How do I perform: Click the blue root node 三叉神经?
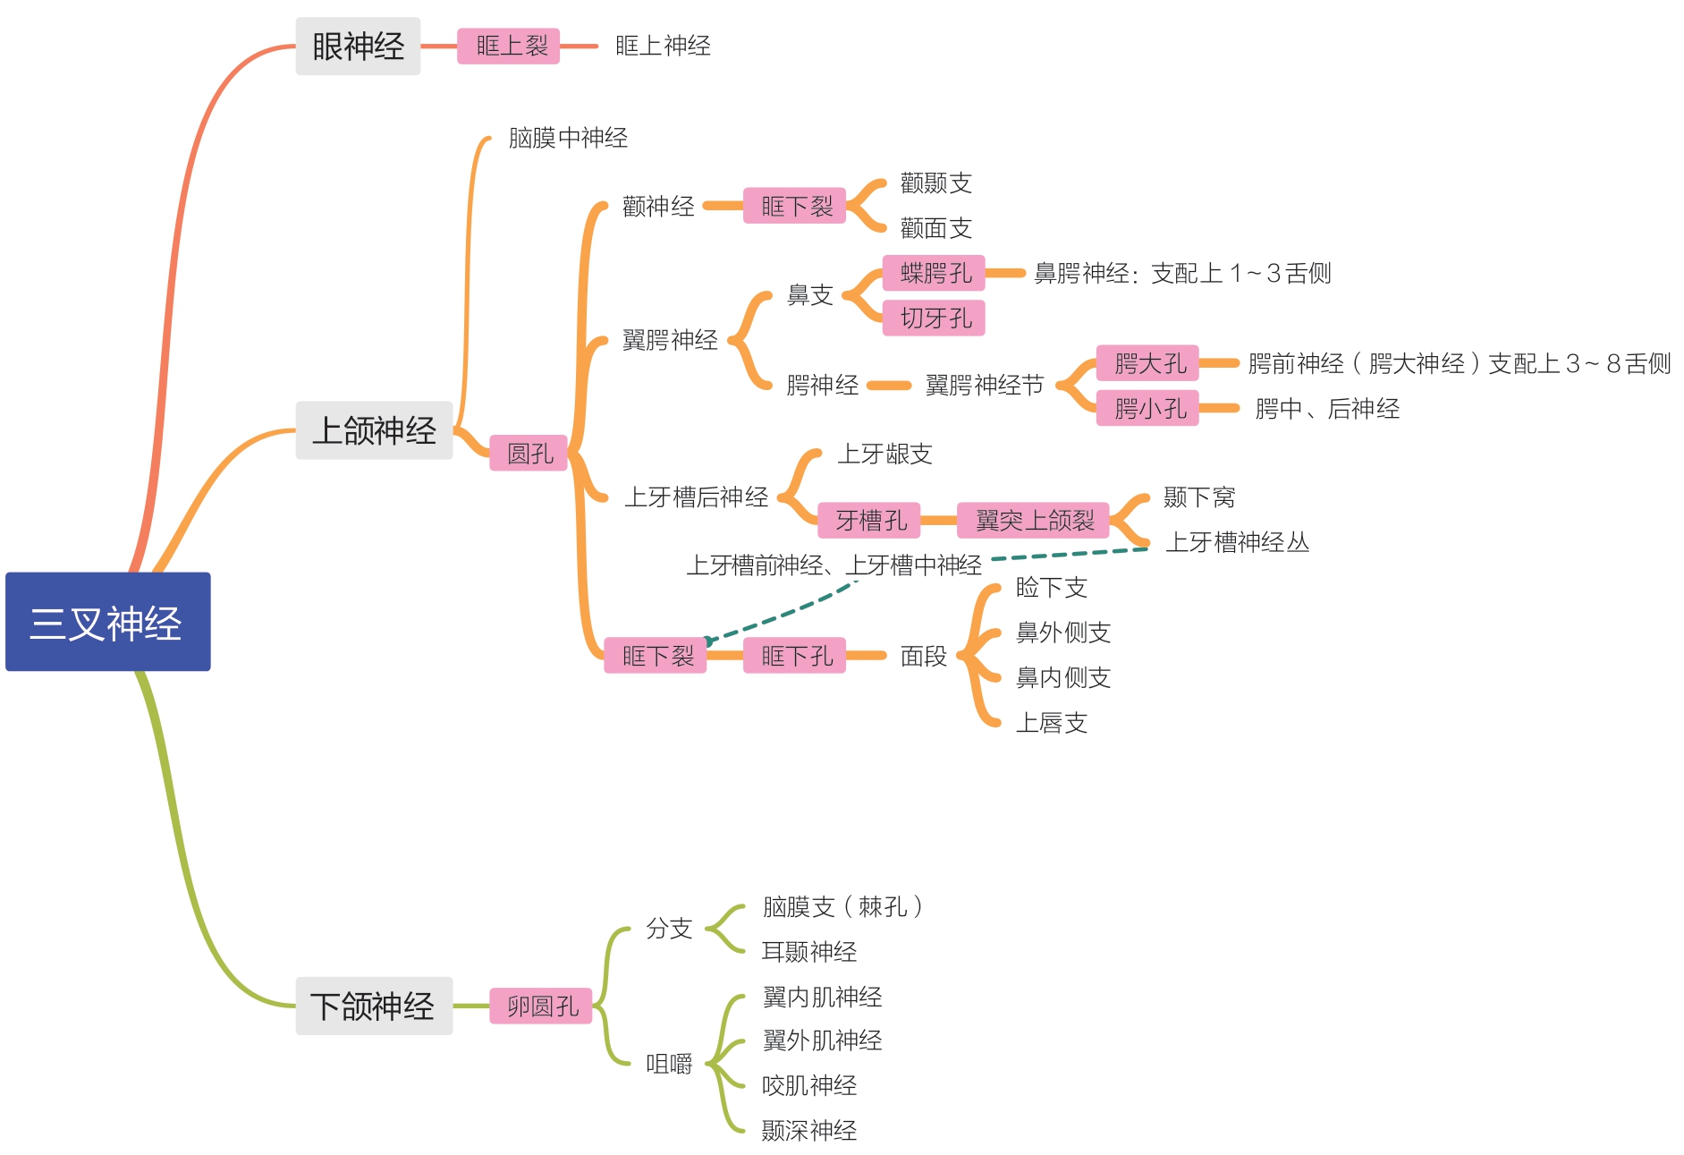tap(107, 622)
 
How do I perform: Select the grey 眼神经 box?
tap(358, 47)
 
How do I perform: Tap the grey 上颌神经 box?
tap(374, 430)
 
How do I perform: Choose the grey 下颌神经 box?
tap(374, 1006)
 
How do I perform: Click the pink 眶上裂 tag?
tap(508, 47)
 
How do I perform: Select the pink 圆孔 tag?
tap(529, 454)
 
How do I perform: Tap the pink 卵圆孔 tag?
tap(541, 1006)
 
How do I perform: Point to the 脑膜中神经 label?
tap(568, 138)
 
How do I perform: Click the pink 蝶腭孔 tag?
tap(934, 273)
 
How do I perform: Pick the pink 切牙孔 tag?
tap(934, 318)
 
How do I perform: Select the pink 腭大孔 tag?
tap(1147, 363)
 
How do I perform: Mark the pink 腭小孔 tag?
tap(1147, 409)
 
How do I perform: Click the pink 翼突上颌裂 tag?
tap(1033, 520)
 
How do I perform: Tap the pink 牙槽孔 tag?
tap(869, 520)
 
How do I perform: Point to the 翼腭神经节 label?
tap(984, 386)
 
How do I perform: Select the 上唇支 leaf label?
tap(1051, 723)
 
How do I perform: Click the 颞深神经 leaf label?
tap(808, 1131)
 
